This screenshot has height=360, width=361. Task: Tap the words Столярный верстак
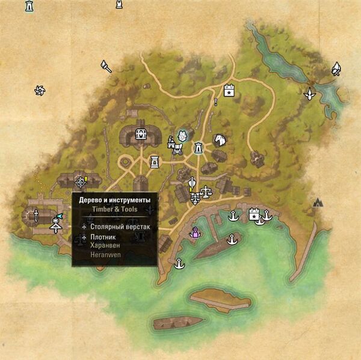coord(120,227)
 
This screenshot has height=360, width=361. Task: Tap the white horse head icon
coord(219,140)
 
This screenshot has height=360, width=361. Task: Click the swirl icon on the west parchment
coord(41,91)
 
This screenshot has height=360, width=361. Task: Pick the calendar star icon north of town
coord(229,91)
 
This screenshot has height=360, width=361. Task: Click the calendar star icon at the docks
coord(254,213)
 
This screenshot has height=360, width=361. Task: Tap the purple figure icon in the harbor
coord(195,233)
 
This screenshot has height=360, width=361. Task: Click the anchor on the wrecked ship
coord(229,240)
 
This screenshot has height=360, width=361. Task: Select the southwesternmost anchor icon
coord(178,263)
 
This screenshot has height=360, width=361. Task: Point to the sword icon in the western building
coord(36,215)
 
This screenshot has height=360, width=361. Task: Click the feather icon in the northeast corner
coord(337,69)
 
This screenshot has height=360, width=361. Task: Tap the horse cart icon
coord(174,144)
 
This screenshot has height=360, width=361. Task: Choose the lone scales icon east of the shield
coord(206,192)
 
